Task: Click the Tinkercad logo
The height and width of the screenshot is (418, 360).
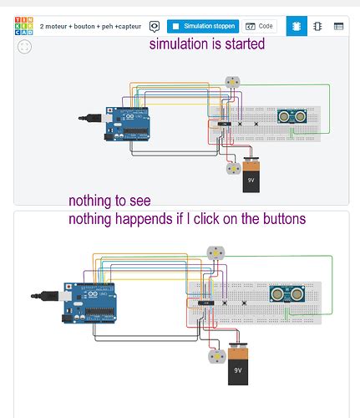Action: click(24, 26)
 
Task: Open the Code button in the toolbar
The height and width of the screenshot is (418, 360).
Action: click(261, 27)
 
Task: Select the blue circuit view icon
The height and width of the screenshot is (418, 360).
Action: click(296, 26)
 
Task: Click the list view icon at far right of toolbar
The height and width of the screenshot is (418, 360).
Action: click(338, 27)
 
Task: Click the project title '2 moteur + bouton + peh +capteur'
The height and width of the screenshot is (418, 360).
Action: click(91, 27)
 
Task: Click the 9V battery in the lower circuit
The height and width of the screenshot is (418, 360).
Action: click(237, 368)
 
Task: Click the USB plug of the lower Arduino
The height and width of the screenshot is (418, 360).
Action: click(39, 296)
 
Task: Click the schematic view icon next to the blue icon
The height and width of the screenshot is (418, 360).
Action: click(317, 27)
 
